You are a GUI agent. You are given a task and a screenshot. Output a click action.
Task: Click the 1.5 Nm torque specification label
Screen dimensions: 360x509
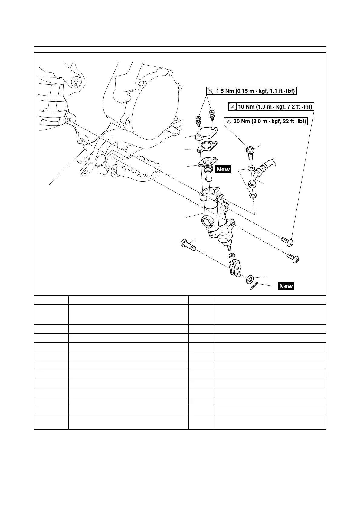(251, 91)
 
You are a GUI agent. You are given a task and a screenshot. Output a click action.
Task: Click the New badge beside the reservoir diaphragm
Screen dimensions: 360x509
(223, 169)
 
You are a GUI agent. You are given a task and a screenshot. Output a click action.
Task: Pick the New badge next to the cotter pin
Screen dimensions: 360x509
(286, 286)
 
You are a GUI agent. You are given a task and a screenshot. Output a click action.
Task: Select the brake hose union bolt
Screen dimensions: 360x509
(250, 153)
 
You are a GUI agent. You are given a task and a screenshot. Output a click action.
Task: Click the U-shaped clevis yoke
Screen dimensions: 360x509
(234, 267)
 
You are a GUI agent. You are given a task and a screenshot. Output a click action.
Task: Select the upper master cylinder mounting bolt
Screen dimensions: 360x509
(288, 241)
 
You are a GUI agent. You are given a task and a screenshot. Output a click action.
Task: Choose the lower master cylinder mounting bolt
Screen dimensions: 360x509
(293, 258)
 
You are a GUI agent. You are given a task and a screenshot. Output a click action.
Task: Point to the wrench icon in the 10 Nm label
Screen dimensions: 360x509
(233, 107)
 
